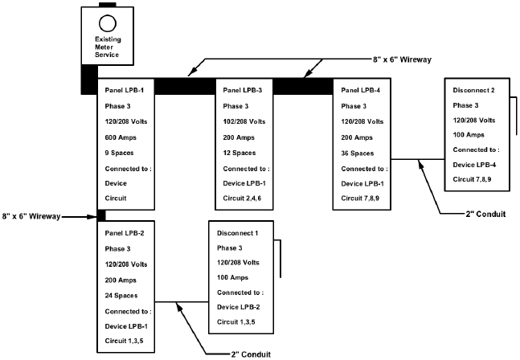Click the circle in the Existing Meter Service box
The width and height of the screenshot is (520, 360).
tap(108, 22)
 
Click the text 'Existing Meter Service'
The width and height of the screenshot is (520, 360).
tap(107, 47)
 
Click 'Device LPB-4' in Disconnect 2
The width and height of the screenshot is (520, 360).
tap(477, 165)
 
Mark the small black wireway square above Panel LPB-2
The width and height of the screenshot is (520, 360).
tap(101, 215)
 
